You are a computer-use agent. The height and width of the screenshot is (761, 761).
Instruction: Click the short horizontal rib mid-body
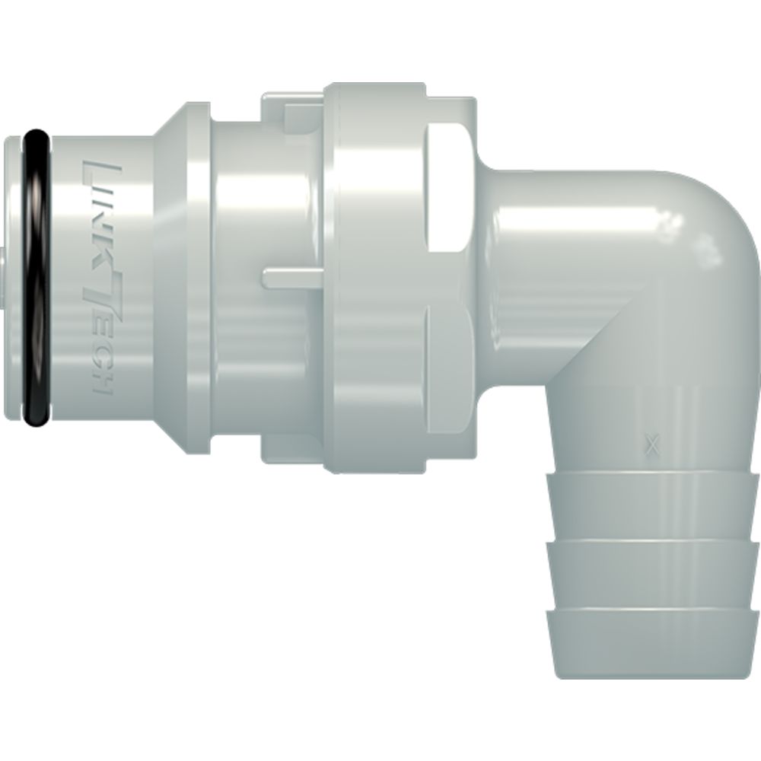tap(293, 278)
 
